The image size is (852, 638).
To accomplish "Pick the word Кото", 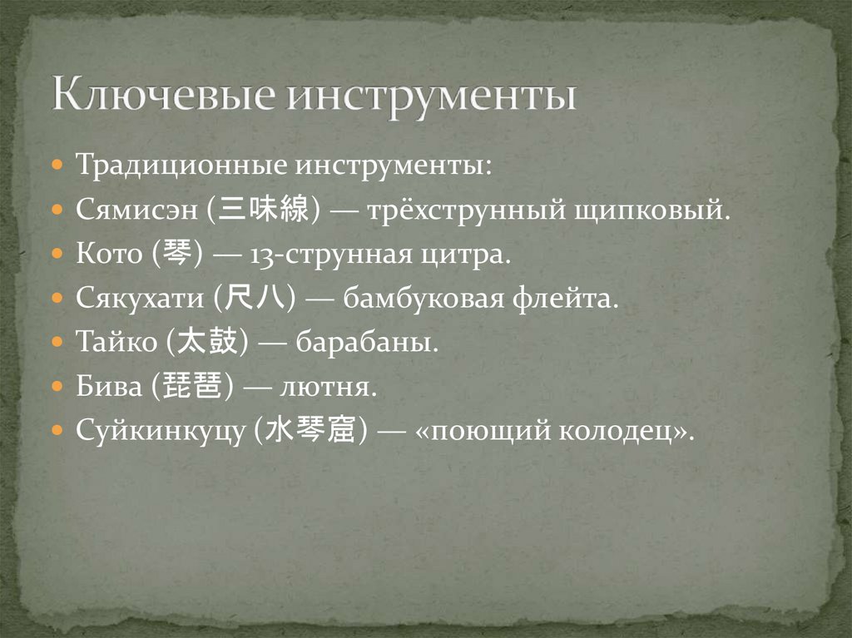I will (109, 253).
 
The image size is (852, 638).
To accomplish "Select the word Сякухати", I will (141, 298).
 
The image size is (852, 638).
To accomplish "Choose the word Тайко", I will (116, 342).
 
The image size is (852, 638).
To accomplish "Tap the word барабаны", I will (384, 342).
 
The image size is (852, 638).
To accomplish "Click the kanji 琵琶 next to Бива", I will (200, 387).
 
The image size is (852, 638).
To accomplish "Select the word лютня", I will (331, 387).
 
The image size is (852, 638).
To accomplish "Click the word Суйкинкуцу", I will (161, 432).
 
